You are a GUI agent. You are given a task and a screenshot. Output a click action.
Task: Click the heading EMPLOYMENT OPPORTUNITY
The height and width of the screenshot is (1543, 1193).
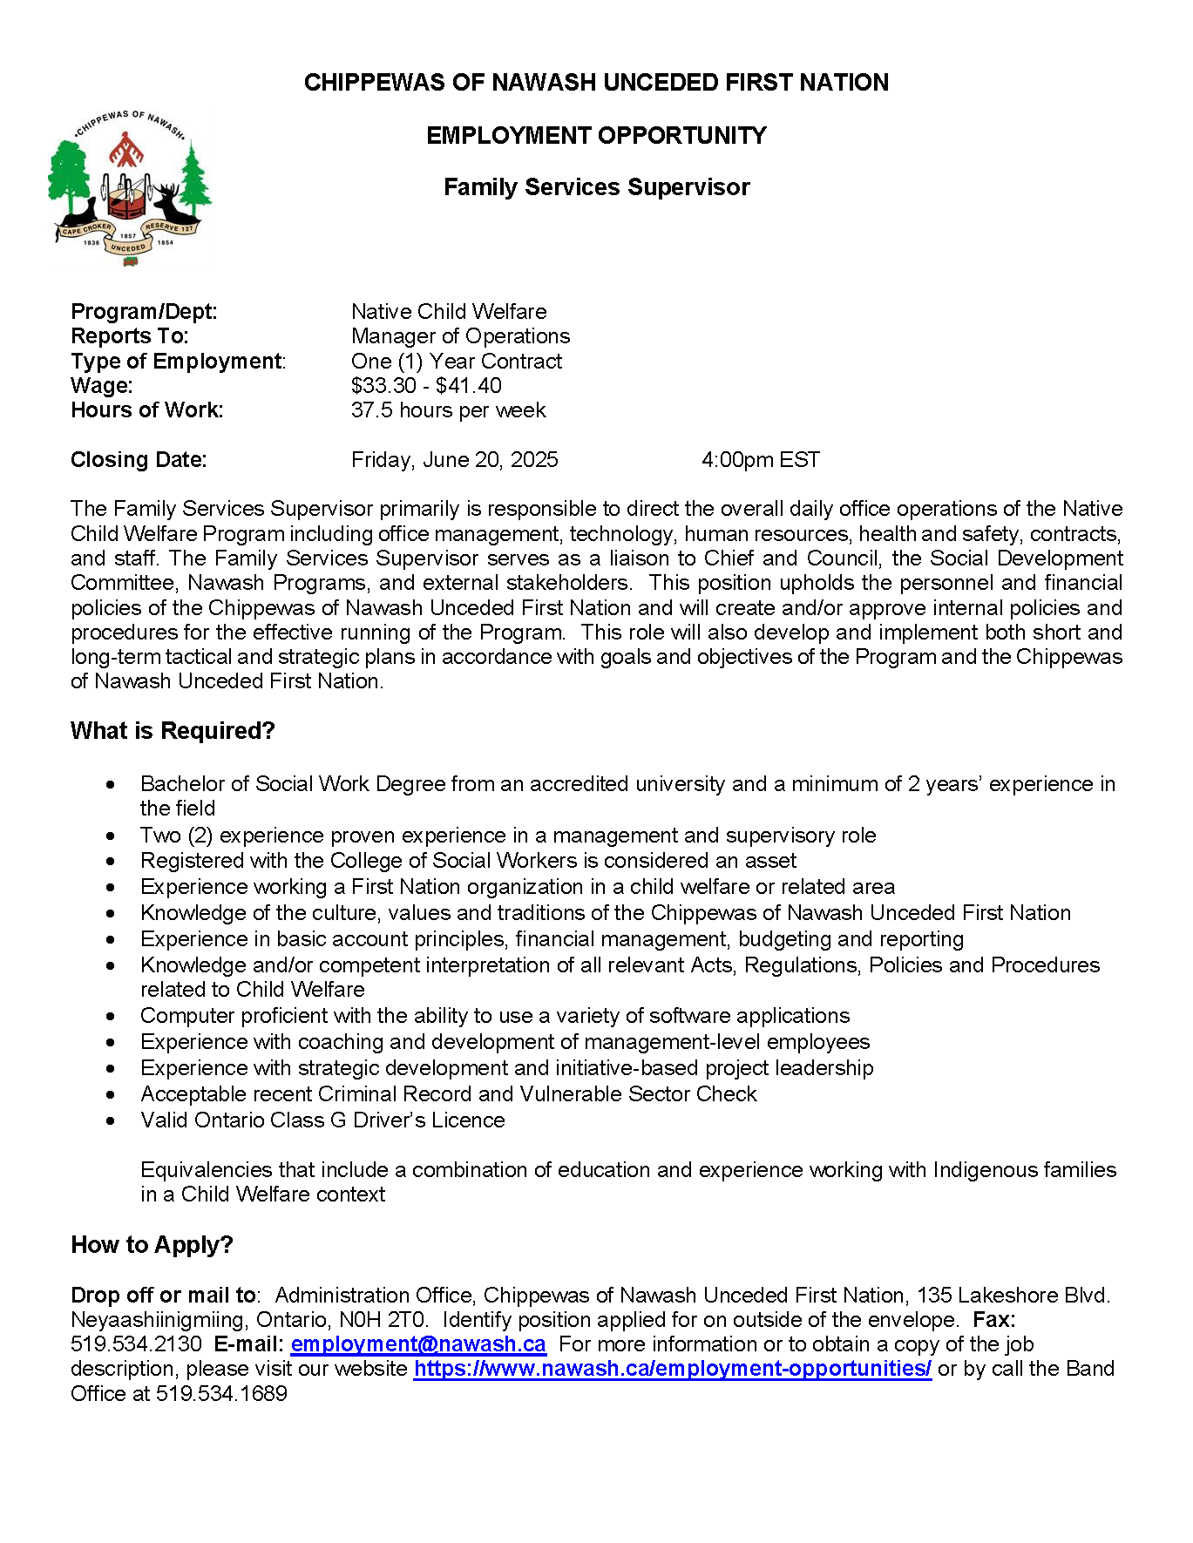click(596, 136)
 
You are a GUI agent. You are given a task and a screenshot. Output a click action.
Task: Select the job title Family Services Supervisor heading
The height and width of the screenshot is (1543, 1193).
click(596, 187)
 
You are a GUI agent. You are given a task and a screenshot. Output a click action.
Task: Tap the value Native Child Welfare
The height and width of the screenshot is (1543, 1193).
click(449, 312)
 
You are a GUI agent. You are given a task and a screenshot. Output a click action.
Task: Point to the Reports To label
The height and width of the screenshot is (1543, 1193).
click(130, 336)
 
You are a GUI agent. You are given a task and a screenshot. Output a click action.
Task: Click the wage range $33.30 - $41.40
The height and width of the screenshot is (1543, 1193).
click(426, 386)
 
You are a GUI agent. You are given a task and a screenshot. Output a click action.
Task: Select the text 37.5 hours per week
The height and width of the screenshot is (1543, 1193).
click(448, 410)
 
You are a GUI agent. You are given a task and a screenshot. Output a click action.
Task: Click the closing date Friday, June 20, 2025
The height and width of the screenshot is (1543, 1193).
click(454, 460)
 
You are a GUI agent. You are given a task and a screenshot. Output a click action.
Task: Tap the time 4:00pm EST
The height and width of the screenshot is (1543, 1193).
click(761, 460)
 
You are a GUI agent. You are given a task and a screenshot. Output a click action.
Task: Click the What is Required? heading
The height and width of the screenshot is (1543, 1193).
click(173, 731)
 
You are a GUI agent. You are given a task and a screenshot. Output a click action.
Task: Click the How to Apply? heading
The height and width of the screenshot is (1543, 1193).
click(152, 1245)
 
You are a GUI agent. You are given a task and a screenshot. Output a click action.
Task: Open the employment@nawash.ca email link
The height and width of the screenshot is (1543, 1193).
click(418, 1345)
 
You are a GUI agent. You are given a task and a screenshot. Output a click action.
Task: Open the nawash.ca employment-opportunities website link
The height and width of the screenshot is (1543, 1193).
click(672, 1370)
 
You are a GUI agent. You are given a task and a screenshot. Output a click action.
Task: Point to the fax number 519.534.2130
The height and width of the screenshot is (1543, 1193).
click(136, 1345)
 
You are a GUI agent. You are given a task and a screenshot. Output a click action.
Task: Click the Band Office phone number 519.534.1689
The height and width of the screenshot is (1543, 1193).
click(221, 1394)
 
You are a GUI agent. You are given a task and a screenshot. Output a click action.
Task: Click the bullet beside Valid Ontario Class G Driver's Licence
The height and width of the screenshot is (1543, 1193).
click(111, 1121)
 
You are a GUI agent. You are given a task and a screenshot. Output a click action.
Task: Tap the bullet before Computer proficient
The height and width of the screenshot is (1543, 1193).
click(111, 1017)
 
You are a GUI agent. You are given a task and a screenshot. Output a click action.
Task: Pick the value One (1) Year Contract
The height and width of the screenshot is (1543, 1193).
click(456, 362)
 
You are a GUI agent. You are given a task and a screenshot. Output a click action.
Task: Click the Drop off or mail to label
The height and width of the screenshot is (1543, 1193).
click(163, 1296)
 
